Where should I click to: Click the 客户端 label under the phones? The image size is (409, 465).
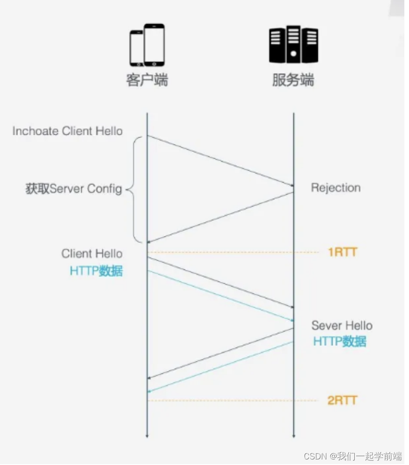pos(147,80)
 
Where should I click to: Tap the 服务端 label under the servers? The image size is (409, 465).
pos(293,80)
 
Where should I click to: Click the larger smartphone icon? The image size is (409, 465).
pos(154,45)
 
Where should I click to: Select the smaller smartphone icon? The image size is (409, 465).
pos(136,48)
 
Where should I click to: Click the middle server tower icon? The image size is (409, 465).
pos(293,44)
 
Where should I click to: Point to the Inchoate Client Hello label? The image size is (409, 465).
pos(68,131)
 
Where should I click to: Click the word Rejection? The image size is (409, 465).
pos(335,188)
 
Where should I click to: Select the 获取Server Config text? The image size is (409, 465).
pos(74,189)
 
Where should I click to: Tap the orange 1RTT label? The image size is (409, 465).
pos(343,252)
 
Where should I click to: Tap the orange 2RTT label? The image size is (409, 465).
pos(343,400)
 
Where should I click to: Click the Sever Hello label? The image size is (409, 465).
pos(342,325)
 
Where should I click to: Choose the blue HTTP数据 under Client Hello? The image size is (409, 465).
pos(96,271)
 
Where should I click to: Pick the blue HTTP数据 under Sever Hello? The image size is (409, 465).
pos(339,342)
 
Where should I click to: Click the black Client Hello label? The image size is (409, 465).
pos(92,254)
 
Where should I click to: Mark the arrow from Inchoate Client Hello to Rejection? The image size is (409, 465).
pos(220,161)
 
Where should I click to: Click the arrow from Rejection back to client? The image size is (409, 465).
pos(220,217)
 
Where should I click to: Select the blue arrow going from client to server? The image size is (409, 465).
pos(220,296)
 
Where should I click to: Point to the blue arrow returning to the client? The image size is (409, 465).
pos(220,367)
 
